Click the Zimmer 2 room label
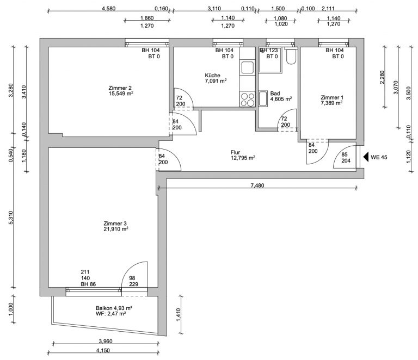[120, 88]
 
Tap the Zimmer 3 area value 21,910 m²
[116, 229]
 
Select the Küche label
[212, 76]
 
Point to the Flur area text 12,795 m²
[243, 158]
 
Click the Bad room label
[275, 94]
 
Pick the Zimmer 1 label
[332, 97]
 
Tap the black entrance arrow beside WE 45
[366, 157]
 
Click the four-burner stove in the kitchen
[248, 100]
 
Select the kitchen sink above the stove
[248, 67]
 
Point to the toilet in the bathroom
[291, 56]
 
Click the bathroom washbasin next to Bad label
[263, 99]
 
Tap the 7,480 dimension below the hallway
[257, 185]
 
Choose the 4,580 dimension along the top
[109, 9]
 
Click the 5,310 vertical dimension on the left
[11, 218]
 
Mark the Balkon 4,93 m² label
[114, 308]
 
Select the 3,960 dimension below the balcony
[106, 341]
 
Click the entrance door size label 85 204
[346, 158]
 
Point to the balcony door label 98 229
[133, 281]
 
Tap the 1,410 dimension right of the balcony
[179, 315]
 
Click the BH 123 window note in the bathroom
[269, 51]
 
